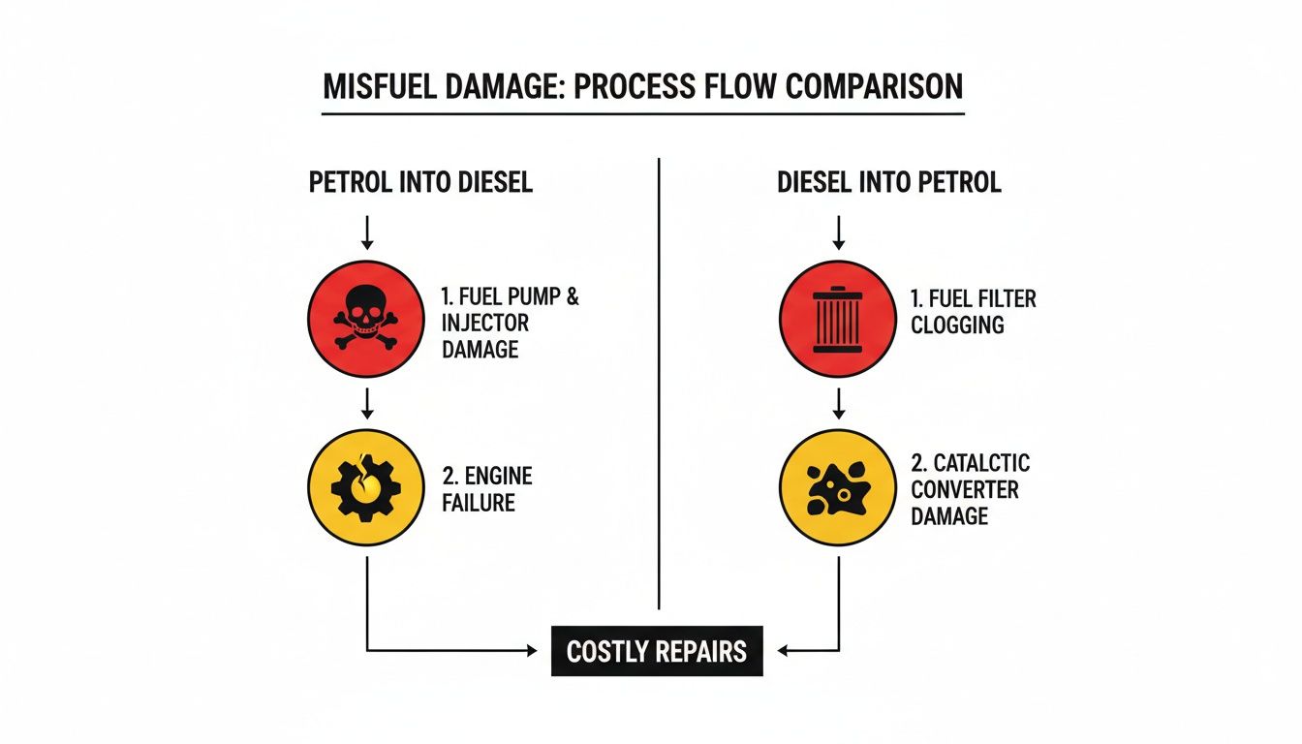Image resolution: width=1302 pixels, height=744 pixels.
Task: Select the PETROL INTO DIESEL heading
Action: (420, 183)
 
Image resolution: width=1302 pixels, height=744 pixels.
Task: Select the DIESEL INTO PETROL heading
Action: (888, 183)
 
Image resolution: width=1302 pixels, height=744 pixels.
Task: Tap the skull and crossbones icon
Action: (365, 318)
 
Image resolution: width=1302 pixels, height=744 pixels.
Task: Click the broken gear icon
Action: (365, 487)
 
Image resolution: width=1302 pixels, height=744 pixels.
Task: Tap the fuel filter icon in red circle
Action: (838, 318)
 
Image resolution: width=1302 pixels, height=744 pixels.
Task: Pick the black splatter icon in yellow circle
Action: (838, 487)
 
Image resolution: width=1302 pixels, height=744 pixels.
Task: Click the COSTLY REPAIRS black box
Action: (657, 651)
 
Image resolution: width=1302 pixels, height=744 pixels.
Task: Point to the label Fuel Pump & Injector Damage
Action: (510, 324)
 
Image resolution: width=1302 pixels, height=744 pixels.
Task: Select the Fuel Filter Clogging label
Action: (972, 311)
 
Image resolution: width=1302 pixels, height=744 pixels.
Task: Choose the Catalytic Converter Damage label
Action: (969, 489)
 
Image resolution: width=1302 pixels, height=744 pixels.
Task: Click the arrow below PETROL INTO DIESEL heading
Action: (366, 232)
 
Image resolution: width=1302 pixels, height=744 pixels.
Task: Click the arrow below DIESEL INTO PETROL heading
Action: (839, 232)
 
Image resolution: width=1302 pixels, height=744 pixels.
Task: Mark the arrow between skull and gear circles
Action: (366, 403)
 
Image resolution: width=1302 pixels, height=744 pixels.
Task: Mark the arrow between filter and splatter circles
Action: (839, 403)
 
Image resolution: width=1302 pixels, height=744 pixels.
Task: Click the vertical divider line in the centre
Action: (659, 387)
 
